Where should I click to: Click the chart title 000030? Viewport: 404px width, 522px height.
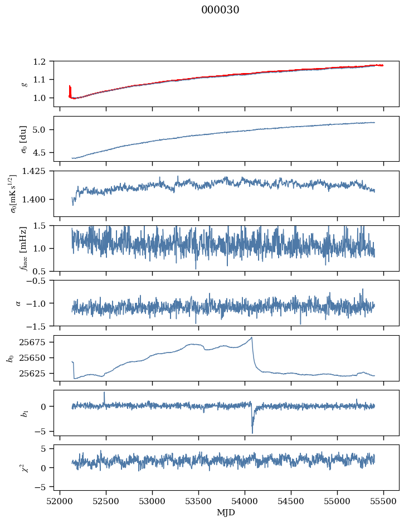(220, 10)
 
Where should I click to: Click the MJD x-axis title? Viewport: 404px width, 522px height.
(226, 513)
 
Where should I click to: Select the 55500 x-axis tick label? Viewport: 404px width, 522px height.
(383, 501)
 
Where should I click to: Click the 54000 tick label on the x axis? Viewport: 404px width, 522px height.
(245, 501)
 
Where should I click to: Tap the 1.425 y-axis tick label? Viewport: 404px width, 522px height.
(38, 171)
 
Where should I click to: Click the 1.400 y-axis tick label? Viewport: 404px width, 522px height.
(38, 200)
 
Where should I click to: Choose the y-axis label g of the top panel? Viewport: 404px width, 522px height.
(24, 84)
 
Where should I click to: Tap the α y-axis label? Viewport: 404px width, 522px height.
(18, 303)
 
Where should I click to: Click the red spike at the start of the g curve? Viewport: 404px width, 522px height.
(70, 89)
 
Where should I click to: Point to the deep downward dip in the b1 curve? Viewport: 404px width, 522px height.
(252, 432)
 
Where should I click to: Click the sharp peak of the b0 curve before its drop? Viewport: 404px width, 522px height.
(252, 337)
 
